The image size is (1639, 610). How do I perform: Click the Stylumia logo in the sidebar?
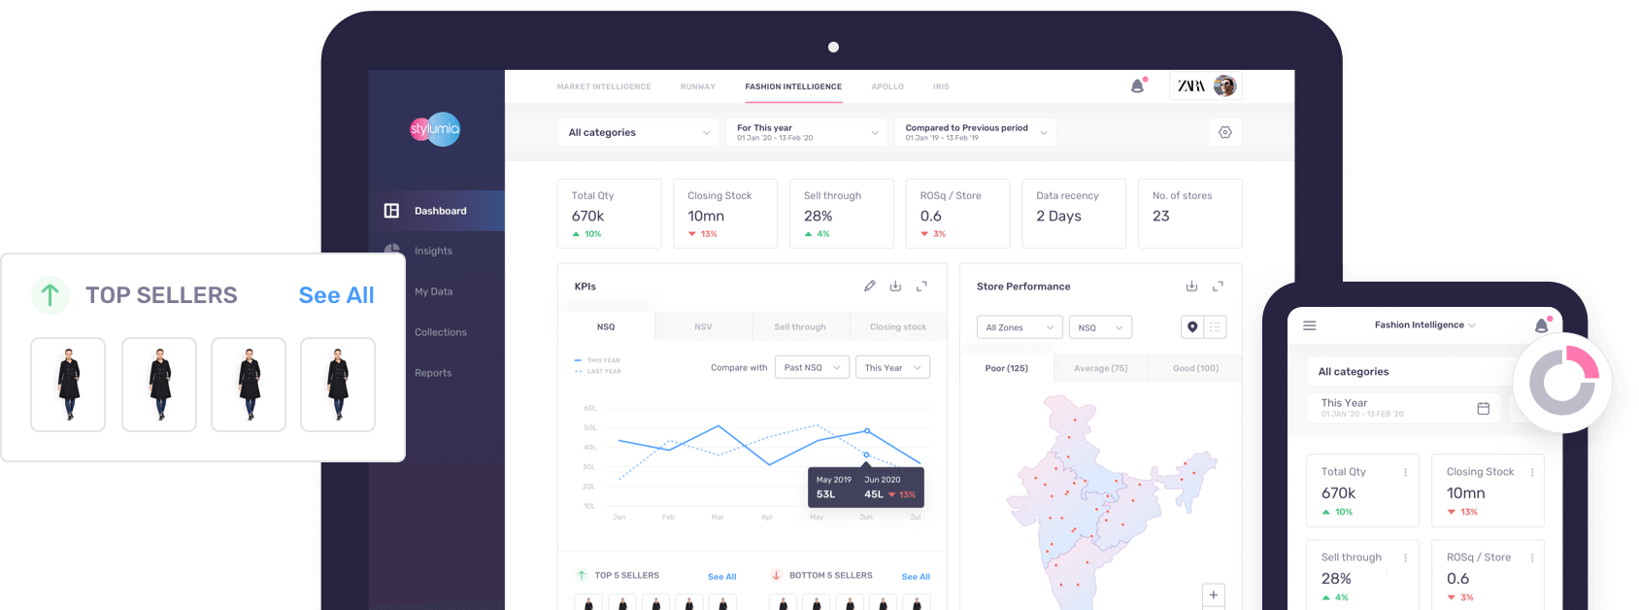click(x=434, y=129)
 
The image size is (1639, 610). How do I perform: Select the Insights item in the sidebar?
click(x=433, y=251)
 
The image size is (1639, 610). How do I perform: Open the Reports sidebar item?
click(x=433, y=373)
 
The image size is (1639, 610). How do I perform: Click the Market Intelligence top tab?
click(x=604, y=86)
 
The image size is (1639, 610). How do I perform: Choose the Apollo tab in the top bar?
click(x=887, y=86)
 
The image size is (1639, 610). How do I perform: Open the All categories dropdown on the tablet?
click(x=638, y=132)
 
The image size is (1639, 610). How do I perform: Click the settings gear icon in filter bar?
click(x=1225, y=132)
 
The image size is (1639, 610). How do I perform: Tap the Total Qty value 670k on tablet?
click(x=587, y=216)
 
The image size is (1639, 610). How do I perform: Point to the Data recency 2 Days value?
click(x=1058, y=216)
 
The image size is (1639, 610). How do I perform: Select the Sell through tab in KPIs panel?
click(x=800, y=327)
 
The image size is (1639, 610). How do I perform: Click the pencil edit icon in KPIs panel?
click(x=869, y=287)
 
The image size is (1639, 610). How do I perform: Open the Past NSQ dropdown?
click(x=812, y=367)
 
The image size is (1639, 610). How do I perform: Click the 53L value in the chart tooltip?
click(x=825, y=494)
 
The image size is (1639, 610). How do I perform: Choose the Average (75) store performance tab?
click(x=1100, y=368)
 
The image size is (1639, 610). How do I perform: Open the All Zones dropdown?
click(x=1019, y=327)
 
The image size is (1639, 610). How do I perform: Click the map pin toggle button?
click(x=1192, y=327)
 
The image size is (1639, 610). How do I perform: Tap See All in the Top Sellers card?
click(x=336, y=295)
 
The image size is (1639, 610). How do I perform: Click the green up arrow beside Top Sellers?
click(x=50, y=294)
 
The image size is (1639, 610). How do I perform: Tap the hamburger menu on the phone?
click(x=1309, y=325)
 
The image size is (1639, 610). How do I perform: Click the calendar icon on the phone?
click(x=1483, y=408)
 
